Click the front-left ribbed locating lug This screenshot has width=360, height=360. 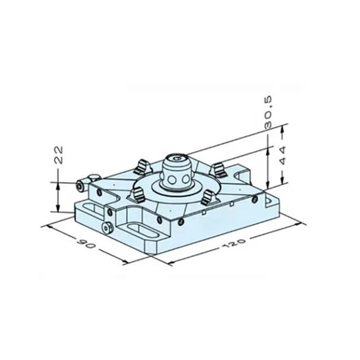(136, 195)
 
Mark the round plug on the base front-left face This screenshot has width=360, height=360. (107, 228)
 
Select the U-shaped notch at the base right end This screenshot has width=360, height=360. (238, 175)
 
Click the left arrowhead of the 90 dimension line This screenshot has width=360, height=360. (46, 226)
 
